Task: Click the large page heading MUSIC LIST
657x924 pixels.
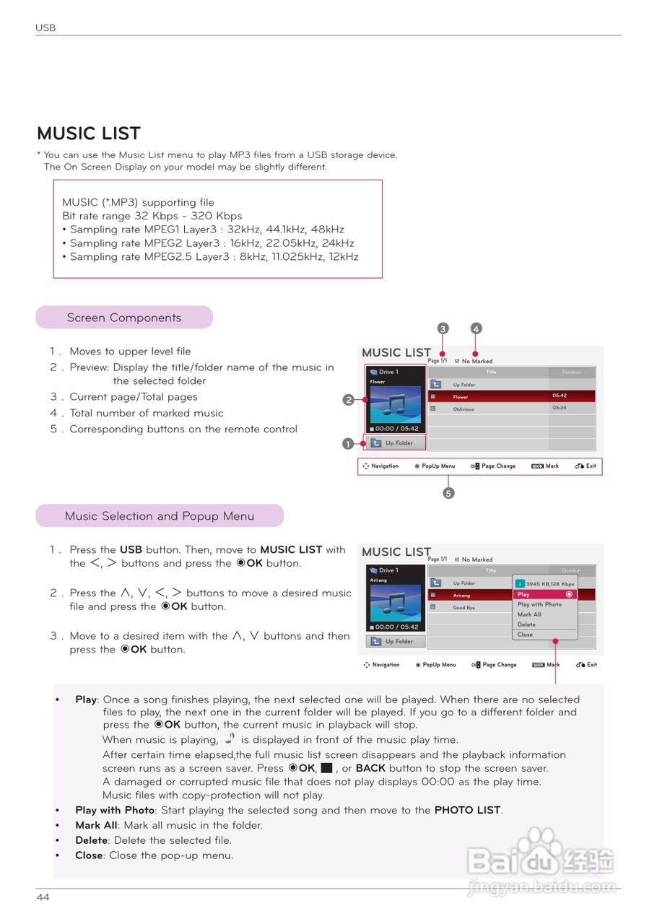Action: pos(89,134)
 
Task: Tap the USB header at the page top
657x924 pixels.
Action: pos(45,28)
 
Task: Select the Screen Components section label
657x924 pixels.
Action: pos(124,318)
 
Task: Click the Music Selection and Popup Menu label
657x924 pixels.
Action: pos(160,516)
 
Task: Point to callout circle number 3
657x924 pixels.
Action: pos(443,328)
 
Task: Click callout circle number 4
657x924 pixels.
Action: pos(476,328)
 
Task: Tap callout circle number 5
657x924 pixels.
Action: pos(448,494)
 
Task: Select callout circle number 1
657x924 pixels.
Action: pos(348,444)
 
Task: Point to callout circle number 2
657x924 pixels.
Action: pos(348,400)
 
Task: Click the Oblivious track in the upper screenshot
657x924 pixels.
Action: pos(464,409)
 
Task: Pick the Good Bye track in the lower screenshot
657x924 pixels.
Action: pos(464,608)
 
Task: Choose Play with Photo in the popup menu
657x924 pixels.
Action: pos(539,604)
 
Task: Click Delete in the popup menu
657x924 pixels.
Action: pos(526,624)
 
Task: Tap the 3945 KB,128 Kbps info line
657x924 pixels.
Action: pos(549,584)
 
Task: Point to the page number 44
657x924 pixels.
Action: pos(43,897)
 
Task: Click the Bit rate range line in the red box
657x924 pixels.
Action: pos(152,216)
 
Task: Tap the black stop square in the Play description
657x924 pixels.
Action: pos(326,768)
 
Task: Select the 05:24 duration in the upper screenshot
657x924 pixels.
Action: pos(560,408)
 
